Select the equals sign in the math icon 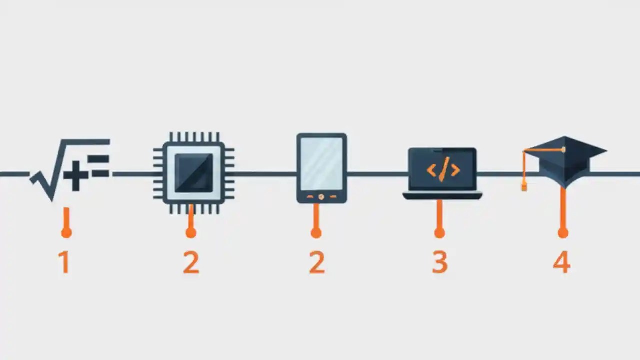100,166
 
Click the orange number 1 64,262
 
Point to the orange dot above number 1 66,232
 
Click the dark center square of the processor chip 194,172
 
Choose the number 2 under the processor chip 191,262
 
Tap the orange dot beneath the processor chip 190,232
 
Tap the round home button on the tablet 321,197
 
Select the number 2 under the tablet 317,262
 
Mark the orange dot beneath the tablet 316,232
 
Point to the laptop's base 442,196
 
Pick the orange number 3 439,262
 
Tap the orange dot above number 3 439,232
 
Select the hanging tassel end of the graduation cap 524,187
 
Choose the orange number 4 562,262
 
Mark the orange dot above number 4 563,232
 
